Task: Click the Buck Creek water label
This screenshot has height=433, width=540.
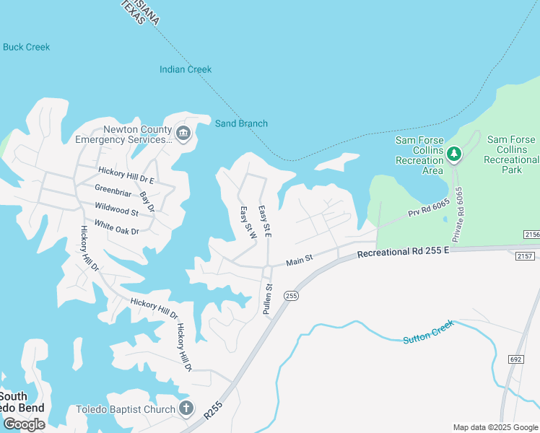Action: pyautogui.click(x=27, y=47)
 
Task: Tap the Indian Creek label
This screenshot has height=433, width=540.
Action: pyautogui.click(x=186, y=69)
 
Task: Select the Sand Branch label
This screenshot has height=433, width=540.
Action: pyautogui.click(x=241, y=123)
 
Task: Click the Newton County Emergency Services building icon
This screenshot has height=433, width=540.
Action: pyautogui.click(x=183, y=134)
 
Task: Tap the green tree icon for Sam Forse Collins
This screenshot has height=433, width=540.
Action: pyautogui.click(x=454, y=153)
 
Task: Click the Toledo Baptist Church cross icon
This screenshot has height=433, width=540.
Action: pyautogui.click(x=186, y=408)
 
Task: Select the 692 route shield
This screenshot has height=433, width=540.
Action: pyautogui.click(x=515, y=359)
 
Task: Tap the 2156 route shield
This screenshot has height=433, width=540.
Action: pyautogui.click(x=531, y=235)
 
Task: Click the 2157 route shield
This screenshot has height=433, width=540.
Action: pyautogui.click(x=524, y=256)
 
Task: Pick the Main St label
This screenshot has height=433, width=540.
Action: pyautogui.click(x=299, y=259)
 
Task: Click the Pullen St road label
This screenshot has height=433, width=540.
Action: pyautogui.click(x=267, y=297)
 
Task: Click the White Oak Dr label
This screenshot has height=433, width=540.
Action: pyautogui.click(x=116, y=226)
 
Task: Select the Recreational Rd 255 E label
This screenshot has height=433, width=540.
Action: pyautogui.click(x=403, y=252)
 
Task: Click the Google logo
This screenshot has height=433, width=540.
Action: pyautogui.click(x=24, y=424)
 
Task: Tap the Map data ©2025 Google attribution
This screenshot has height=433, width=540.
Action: pyautogui.click(x=495, y=427)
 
